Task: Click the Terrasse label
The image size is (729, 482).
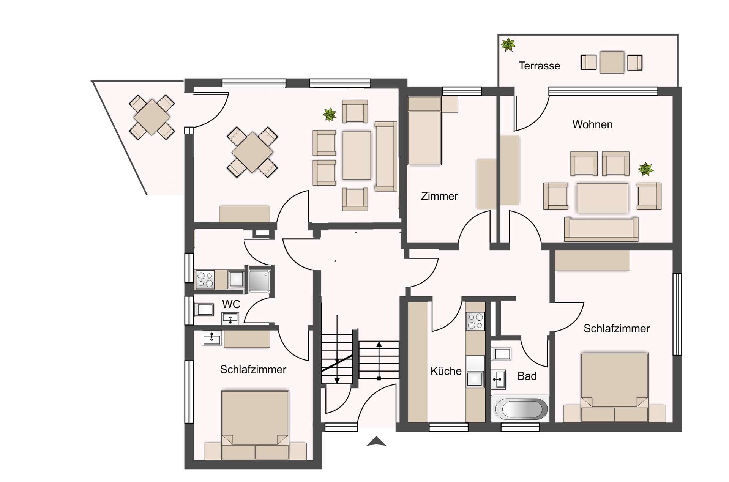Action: pyautogui.click(x=539, y=66)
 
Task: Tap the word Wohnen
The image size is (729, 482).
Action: pyautogui.click(x=592, y=124)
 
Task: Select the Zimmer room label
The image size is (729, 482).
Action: pyautogui.click(x=439, y=196)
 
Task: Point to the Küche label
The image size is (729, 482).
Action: pyautogui.click(x=446, y=371)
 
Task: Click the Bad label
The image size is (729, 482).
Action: pyautogui.click(x=527, y=376)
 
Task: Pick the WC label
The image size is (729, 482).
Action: pyautogui.click(x=231, y=304)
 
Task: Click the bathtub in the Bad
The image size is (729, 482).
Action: pyautogui.click(x=520, y=409)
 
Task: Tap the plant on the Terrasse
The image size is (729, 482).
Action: pyautogui.click(x=508, y=44)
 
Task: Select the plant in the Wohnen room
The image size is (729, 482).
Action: pyautogui.click(x=646, y=169)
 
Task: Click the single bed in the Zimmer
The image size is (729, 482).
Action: pyautogui.click(x=424, y=131)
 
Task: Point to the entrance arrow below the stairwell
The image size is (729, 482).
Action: pyautogui.click(x=376, y=441)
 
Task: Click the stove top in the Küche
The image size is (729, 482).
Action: pyautogui.click(x=475, y=321)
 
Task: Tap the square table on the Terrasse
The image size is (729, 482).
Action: pyautogui.click(x=612, y=63)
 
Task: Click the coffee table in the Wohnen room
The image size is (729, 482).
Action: pyautogui.click(x=602, y=198)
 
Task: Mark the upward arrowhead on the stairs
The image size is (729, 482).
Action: pyautogui.click(x=379, y=344)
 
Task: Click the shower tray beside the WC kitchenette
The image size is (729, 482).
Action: pyautogui.click(x=259, y=281)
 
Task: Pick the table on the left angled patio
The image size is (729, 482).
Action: pyautogui.click(x=151, y=117)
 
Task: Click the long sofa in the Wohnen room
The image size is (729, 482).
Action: pyautogui.click(x=601, y=229)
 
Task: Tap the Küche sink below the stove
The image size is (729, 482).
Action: pyautogui.click(x=475, y=379)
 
